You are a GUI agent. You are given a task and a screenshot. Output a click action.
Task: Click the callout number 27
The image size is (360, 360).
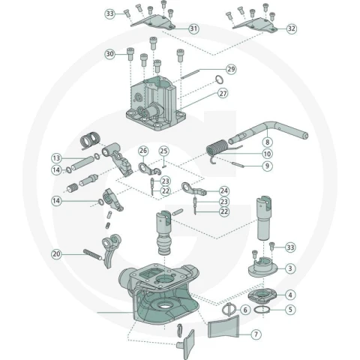223,94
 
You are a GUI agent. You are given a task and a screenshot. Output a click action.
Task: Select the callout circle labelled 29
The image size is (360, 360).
231,69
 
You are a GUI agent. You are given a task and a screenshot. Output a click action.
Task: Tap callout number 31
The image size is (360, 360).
193,28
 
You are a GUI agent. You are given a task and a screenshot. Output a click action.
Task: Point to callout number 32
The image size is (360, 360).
291,28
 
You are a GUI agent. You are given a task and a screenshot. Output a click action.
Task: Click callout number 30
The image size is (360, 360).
110,54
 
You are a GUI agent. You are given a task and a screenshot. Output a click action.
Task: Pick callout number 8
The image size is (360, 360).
267,142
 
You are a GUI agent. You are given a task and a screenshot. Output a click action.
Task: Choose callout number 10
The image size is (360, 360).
267,154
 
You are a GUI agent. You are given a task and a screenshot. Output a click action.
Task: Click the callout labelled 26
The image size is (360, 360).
143,151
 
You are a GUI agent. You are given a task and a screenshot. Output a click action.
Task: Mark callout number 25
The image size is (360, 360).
163,151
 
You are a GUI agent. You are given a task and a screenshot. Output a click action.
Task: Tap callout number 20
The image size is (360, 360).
56,254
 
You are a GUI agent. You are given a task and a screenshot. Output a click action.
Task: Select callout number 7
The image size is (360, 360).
256,334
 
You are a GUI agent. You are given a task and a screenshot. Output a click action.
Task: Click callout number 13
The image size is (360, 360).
56,158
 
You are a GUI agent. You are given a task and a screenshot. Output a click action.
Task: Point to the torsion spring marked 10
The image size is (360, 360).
217,148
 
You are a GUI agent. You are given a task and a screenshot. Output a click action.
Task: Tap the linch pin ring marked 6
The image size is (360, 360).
228,310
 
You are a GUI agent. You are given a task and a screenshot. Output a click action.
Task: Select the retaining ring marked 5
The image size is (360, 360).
262,310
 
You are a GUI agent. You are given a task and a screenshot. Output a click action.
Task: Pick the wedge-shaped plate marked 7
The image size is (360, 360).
223,326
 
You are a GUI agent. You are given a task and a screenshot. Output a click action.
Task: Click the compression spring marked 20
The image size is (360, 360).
93,255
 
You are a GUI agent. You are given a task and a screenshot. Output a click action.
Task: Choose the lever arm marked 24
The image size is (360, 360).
194,190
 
